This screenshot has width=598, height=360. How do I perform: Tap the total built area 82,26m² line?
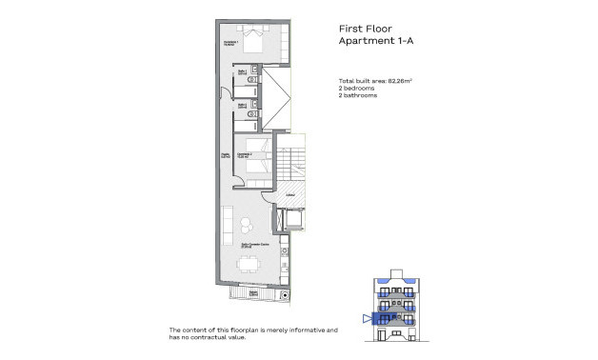point(379,80)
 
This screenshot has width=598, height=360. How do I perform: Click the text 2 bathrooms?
point(358,96)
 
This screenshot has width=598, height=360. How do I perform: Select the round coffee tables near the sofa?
point(245,225)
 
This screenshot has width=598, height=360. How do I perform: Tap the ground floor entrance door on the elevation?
point(393,334)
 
